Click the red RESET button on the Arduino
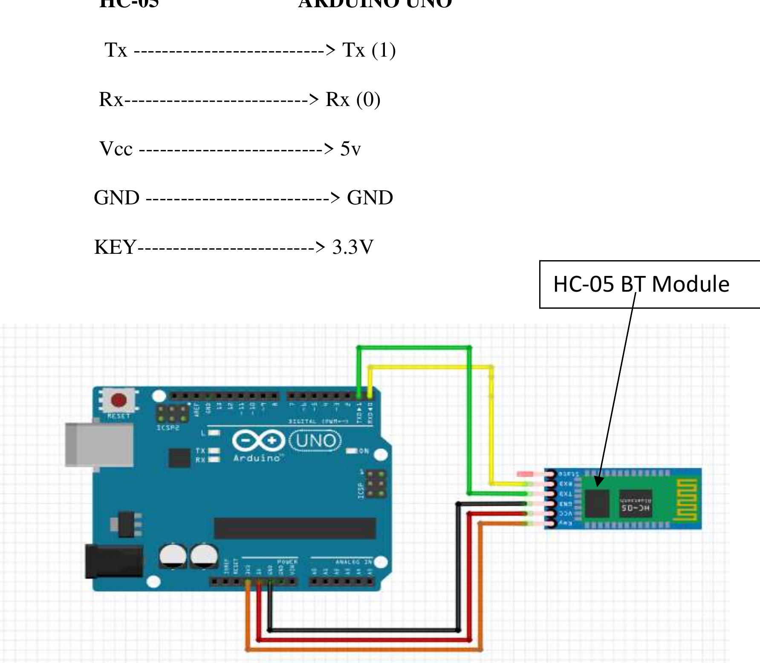118,401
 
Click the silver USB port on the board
99,445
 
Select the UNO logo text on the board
315,441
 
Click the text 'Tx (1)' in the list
369,50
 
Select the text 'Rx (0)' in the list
353,100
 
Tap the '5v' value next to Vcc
350,149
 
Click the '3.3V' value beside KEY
353,247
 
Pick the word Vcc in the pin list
116,149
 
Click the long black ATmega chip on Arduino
295,528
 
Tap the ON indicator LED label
364,451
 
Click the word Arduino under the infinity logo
257,458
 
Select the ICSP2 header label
168,427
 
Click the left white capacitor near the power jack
173,556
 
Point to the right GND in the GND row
370,198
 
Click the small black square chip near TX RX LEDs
179,458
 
